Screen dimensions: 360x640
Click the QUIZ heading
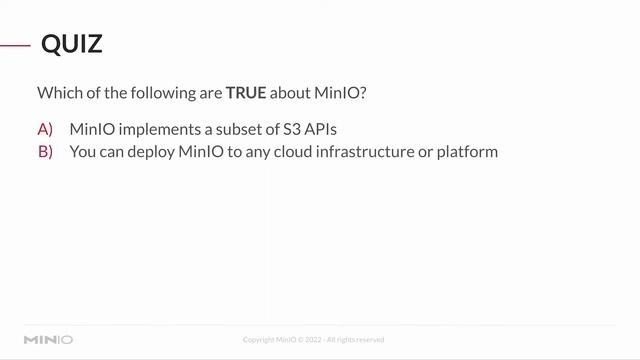tap(71, 45)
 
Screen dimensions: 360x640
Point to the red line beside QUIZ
tap(14, 45)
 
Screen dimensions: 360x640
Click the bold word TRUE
tap(245, 93)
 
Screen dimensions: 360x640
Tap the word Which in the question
tap(58, 93)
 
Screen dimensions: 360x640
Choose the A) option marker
tap(45, 130)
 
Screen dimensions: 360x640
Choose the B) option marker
tap(45, 152)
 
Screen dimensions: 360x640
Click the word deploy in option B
tap(150, 152)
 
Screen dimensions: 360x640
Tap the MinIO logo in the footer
tap(48, 340)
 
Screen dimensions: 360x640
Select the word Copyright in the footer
tap(260, 340)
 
